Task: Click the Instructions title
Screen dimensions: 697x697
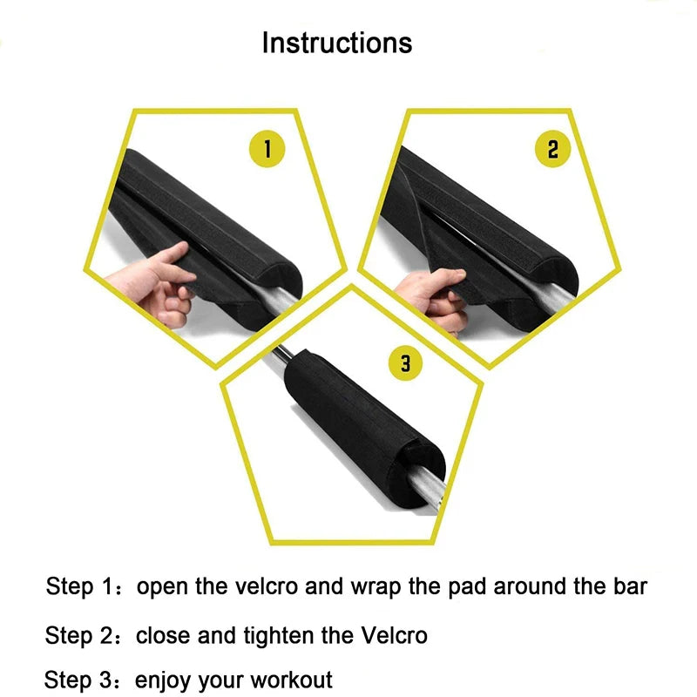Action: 337,43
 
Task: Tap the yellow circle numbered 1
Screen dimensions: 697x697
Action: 268,149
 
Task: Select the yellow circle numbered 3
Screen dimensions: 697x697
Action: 406,362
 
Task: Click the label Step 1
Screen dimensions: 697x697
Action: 79,586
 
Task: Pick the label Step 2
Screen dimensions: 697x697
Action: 79,635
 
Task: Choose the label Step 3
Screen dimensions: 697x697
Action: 79,679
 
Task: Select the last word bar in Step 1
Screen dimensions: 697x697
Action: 630,585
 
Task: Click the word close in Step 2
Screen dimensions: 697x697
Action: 161,635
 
